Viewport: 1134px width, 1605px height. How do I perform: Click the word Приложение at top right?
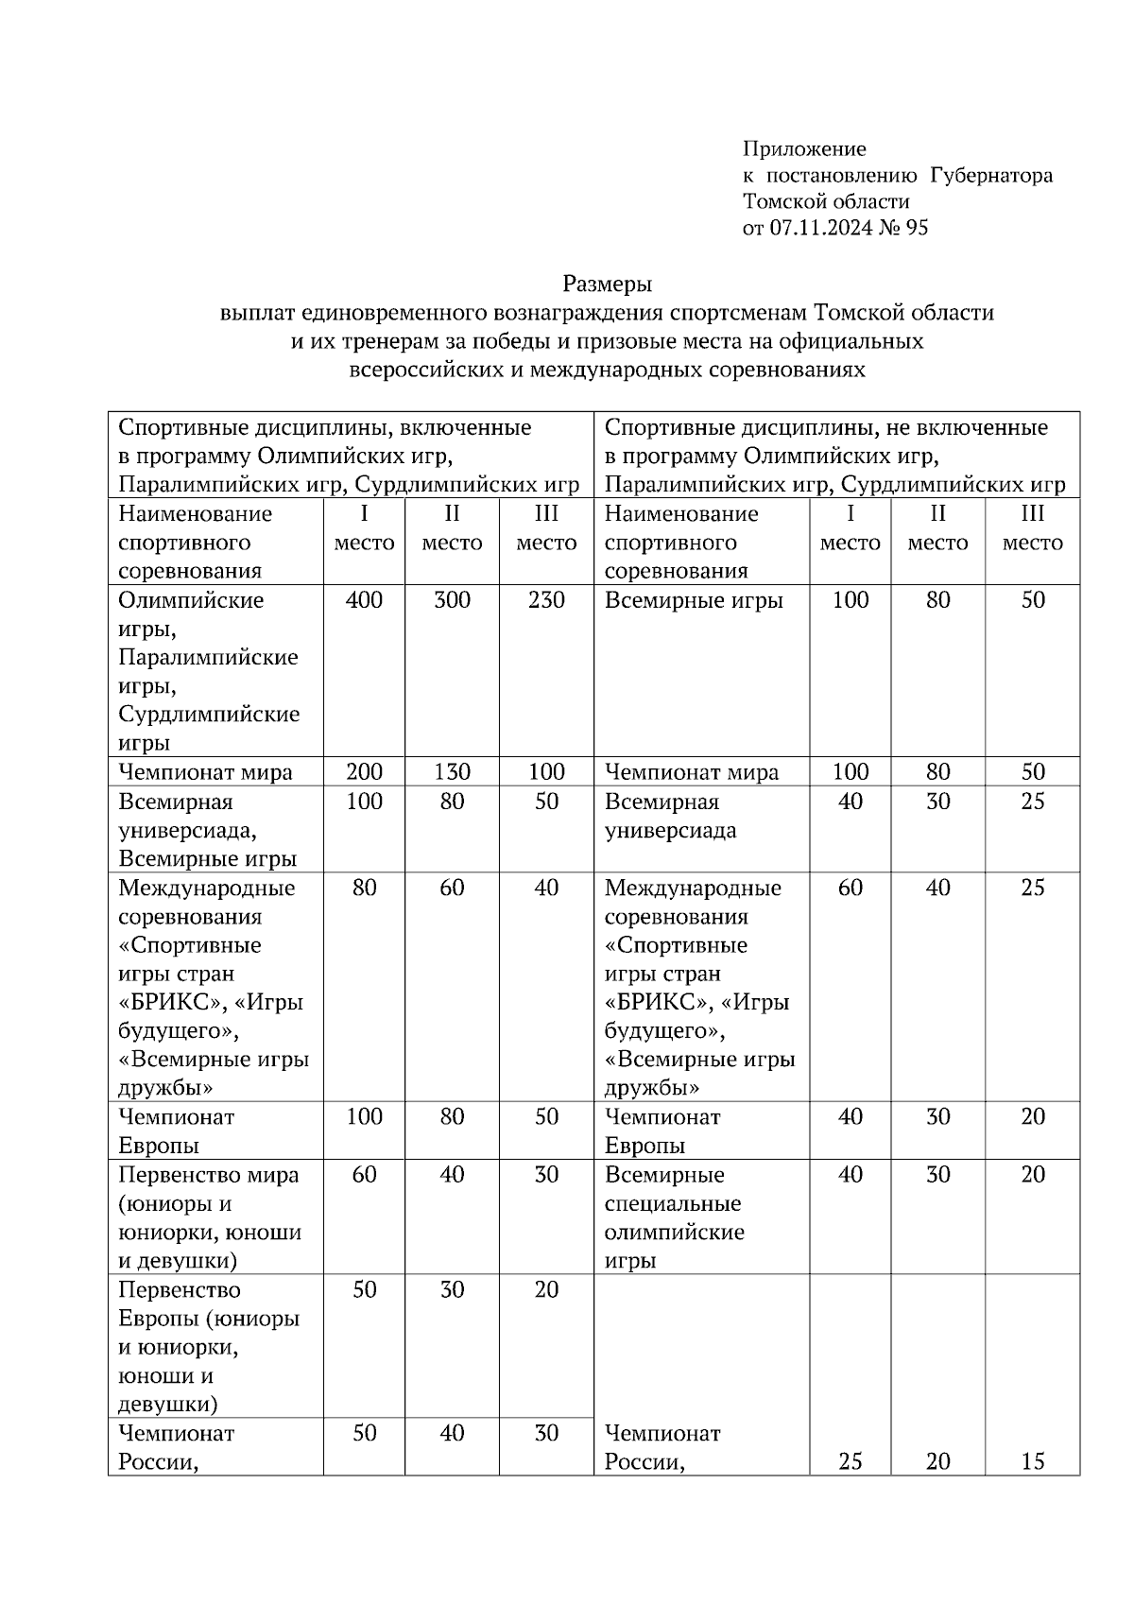(x=803, y=148)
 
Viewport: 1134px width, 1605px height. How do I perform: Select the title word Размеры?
(x=608, y=283)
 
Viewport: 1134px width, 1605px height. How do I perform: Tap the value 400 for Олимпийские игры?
(x=364, y=600)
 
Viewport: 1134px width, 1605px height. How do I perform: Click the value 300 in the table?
(x=452, y=600)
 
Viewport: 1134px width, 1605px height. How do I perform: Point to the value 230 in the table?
(x=546, y=600)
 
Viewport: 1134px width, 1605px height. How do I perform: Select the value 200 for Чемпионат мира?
(x=364, y=771)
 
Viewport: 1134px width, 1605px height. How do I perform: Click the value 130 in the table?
(x=452, y=771)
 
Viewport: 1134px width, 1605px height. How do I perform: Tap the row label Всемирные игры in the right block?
(x=694, y=600)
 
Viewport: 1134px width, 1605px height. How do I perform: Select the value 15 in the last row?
(x=1033, y=1461)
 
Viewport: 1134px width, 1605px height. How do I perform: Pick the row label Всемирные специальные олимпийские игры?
(x=673, y=1217)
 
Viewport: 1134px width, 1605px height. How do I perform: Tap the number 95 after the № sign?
(x=917, y=227)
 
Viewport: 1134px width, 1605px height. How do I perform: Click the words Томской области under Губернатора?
(x=826, y=201)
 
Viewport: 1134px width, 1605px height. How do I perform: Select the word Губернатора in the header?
(x=991, y=175)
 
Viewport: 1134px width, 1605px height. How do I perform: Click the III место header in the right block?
(x=1033, y=528)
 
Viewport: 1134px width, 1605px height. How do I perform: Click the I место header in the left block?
(x=364, y=528)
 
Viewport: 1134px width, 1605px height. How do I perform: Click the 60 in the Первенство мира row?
(x=364, y=1175)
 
